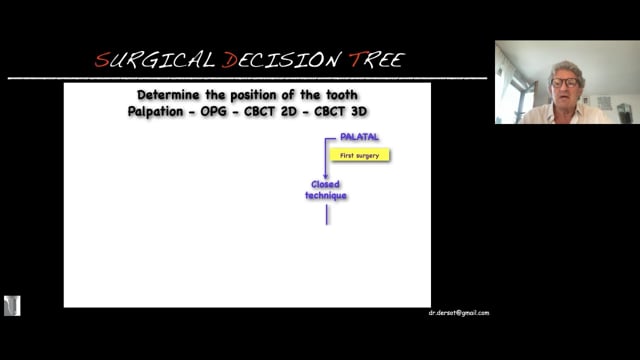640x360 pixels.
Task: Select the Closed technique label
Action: [326, 190]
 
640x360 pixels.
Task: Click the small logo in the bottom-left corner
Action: [12, 306]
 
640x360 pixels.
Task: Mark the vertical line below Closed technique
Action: [326, 215]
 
